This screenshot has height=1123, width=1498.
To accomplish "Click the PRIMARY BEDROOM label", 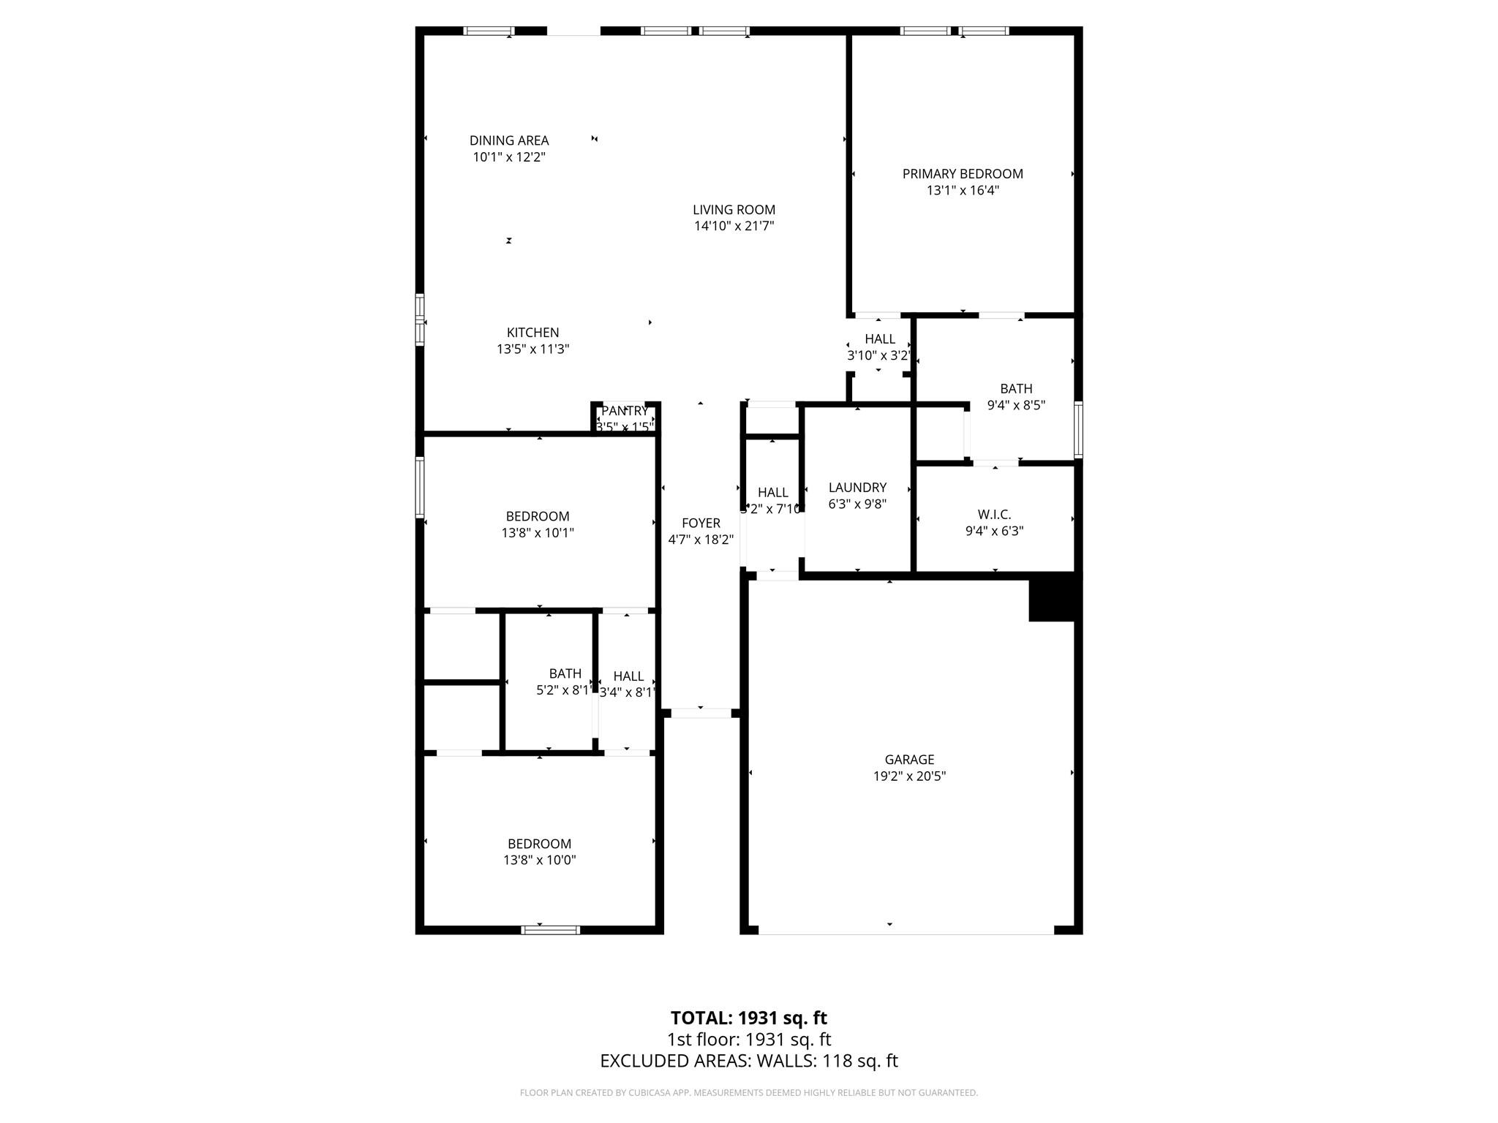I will [962, 174].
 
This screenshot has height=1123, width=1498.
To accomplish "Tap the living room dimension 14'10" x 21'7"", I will [734, 227].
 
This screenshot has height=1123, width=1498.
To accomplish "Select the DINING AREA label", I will [509, 140].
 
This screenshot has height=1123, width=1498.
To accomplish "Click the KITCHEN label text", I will [532, 333].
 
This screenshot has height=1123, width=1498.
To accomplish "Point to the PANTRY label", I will [624, 411].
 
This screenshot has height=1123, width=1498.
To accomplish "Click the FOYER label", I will [701, 523].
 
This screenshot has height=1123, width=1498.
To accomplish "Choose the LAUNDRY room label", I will [857, 488].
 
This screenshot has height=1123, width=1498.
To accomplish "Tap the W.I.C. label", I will [994, 515].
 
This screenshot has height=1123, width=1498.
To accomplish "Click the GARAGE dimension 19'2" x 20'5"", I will [909, 776].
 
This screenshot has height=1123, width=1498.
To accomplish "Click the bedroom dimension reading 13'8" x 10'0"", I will [539, 861].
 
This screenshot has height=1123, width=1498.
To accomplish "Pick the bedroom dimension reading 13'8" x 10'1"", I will [538, 534].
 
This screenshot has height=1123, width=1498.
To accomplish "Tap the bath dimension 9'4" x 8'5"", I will [1016, 405].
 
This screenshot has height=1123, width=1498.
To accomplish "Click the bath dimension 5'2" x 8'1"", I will [563, 690].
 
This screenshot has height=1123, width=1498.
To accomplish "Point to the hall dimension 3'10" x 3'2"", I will [878, 356].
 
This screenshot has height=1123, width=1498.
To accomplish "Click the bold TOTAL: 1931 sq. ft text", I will [748, 1018].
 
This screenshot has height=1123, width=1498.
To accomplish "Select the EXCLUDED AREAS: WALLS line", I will [748, 1061].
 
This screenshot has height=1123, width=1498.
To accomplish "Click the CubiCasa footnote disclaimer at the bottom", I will [748, 1093].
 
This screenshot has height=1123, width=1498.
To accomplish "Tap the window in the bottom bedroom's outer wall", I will [550, 930].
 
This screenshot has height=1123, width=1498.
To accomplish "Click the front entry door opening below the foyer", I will [701, 713].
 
